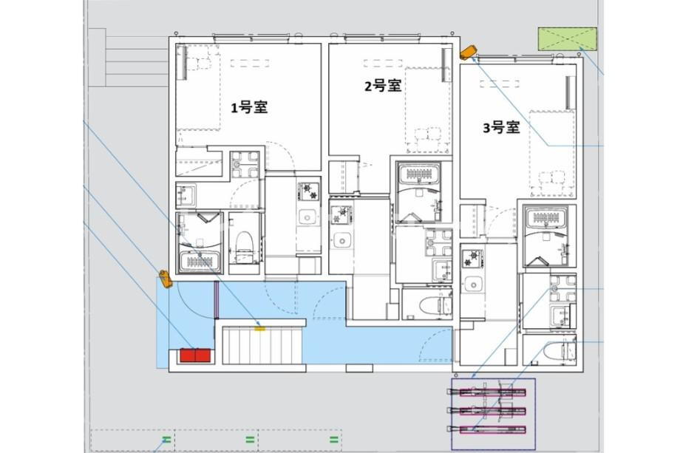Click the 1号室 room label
(248, 107)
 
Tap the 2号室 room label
(383, 86)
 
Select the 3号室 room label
(502, 128)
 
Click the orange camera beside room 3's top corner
(469, 52)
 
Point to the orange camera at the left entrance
(165, 279)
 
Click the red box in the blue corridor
(195, 355)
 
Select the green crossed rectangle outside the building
(567, 38)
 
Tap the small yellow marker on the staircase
(259, 328)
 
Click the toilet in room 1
(245, 246)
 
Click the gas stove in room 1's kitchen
(308, 191)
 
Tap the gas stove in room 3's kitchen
(472, 259)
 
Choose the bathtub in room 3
(546, 218)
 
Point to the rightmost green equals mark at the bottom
(334, 440)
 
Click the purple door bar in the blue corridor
(216, 300)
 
